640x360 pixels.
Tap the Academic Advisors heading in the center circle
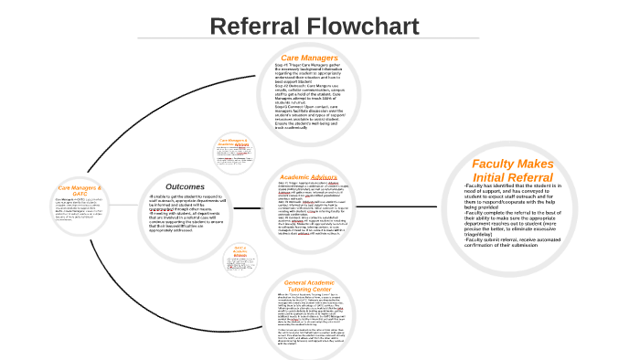point(309,175)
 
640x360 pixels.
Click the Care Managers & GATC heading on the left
point(80,189)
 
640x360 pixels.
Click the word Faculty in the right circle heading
point(496,162)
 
